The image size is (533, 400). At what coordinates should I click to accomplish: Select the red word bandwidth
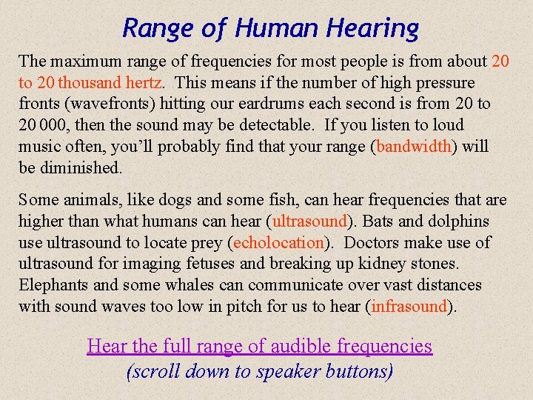click(414, 146)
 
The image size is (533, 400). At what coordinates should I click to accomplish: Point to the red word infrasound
click(410, 306)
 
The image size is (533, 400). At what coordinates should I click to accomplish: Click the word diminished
click(80, 167)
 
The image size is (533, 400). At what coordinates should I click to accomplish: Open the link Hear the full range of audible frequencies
click(260, 346)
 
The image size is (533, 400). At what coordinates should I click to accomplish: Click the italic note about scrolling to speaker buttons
click(260, 370)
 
